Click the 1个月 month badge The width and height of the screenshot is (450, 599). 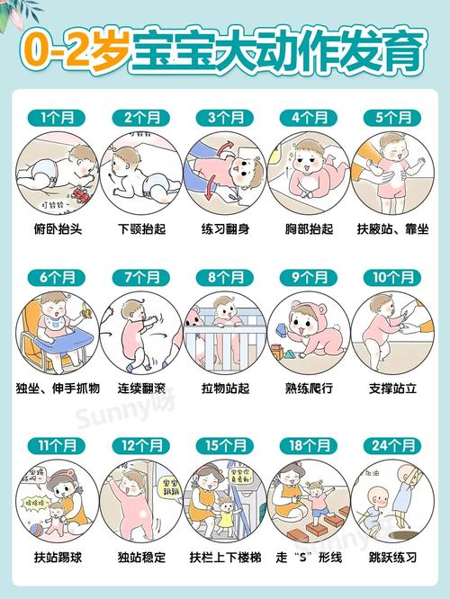58,117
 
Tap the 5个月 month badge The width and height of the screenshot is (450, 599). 391,117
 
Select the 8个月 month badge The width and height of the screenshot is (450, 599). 225,276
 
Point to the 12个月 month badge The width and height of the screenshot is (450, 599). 141,445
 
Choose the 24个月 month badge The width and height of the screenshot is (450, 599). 391,445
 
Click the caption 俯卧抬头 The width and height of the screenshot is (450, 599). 58,228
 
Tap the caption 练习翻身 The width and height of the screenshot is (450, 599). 225,228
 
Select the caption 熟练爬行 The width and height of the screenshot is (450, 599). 308,389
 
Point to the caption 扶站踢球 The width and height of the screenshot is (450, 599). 58,558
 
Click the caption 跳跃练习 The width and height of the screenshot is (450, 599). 391,558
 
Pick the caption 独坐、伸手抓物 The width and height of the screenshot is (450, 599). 58,389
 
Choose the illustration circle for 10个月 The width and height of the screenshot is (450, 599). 391,332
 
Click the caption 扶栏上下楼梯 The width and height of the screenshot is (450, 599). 225,558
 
